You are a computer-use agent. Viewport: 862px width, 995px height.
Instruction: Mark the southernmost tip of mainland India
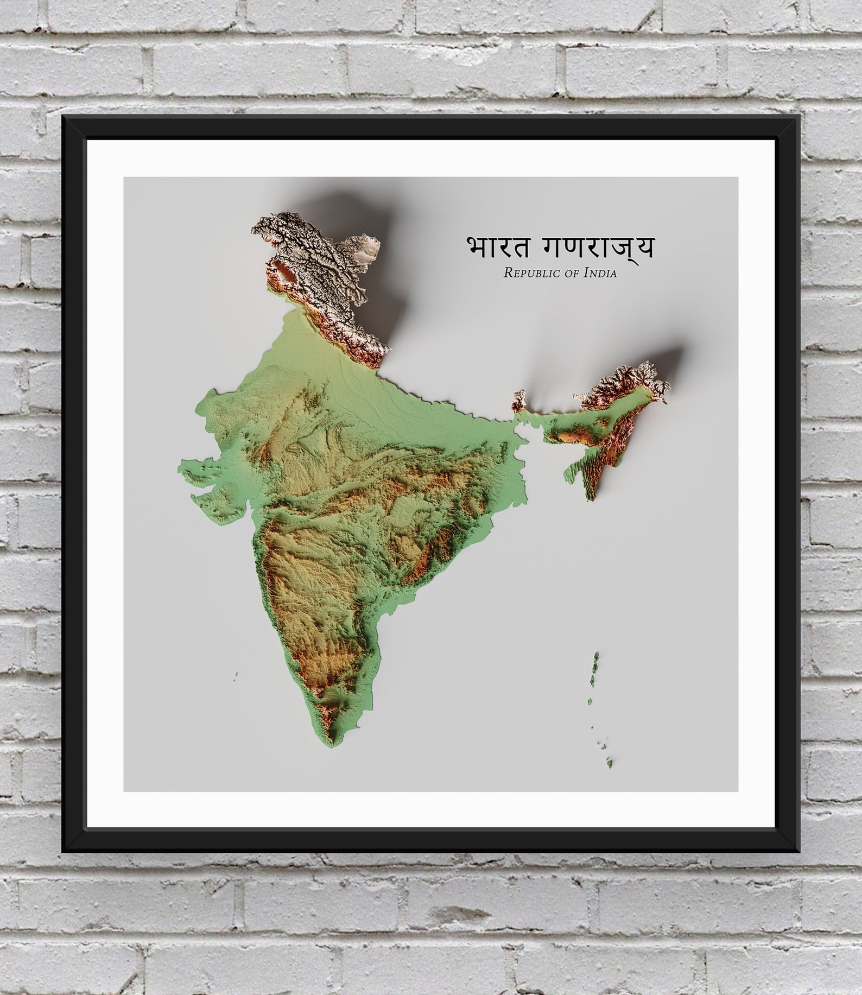coord(332,745)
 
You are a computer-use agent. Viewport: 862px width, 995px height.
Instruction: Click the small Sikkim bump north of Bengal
coord(519,400)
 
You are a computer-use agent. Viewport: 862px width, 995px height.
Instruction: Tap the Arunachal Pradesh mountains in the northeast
coord(624,380)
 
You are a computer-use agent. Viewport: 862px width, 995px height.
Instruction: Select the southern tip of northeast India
coord(592,495)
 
